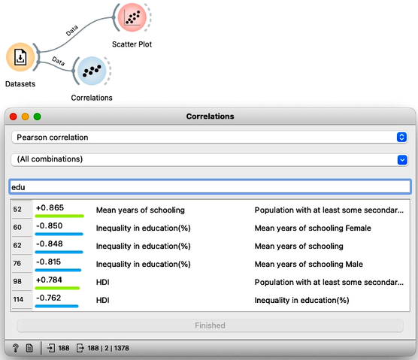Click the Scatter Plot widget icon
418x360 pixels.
coord(132,17)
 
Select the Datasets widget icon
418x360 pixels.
coord(20,57)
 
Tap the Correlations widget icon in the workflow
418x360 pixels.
coord(92,71)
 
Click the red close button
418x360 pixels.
coord(13,116)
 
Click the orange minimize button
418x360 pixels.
coord(25,116)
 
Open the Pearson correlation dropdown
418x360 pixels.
coord(210,138)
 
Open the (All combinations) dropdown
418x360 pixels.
coord(210,159)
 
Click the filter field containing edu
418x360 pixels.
coord(210,186)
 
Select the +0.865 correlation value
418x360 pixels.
coord(50,208)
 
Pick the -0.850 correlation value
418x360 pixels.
coord(50,226)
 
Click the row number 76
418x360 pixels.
coord(17,263)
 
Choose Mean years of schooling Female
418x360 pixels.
coord(313,228)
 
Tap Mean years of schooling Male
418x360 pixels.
coord(309,264)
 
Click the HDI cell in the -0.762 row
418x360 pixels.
coord(103,301)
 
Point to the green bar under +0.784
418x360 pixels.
coord(57,288)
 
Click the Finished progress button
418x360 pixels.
coord(210,325)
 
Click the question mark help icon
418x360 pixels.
coord(16,348)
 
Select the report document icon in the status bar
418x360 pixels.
coord(29,348)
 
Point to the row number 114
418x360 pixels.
coord(18,300)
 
